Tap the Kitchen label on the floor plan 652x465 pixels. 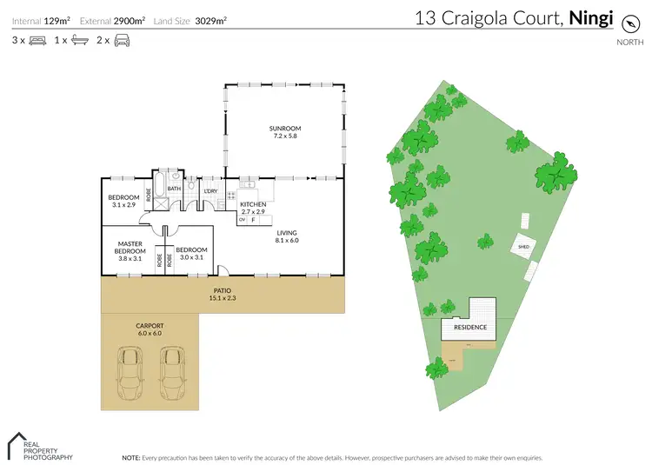tap(253, 204)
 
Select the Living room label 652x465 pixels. tap(287, 233)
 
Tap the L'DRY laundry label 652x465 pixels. tap(210, 191)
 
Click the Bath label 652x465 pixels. tap(174, 189)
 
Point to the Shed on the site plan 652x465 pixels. tap(523, 247)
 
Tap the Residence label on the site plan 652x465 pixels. tap(470, 328)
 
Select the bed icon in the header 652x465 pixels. tap(37, 40)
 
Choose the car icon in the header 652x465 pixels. tap(122, 40)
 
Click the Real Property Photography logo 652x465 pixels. tap(40, 446)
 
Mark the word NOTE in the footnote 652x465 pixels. tap(131, 456)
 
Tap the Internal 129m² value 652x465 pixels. tap(57, 19)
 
